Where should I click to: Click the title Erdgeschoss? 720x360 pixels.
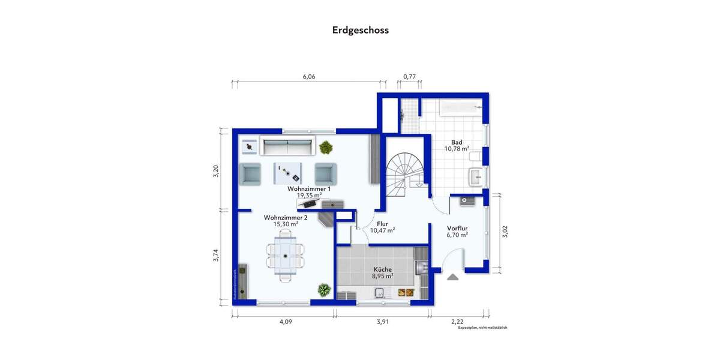(x=360, y=29)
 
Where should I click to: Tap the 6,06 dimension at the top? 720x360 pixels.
(x=308, y=76)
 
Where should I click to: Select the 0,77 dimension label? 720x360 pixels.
(x=409, y=76)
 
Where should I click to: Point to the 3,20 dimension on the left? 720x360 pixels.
(x=217, y=170)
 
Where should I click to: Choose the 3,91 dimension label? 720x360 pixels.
(x=383, y=322)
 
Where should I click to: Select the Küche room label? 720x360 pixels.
(x=382, y=269)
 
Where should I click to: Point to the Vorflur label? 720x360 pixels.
(x=457, y=228)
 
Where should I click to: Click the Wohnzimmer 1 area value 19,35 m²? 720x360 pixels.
(x=309, y=195)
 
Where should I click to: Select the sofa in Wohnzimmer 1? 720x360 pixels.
(x=288, y=146)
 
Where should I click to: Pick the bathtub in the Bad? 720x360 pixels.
(x=460, y=108)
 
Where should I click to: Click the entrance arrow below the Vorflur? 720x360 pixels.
(x=452, y=276)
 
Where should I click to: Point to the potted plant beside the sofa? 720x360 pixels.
(x=326, y=146)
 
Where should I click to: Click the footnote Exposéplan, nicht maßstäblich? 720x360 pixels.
(x=482, y=328)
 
